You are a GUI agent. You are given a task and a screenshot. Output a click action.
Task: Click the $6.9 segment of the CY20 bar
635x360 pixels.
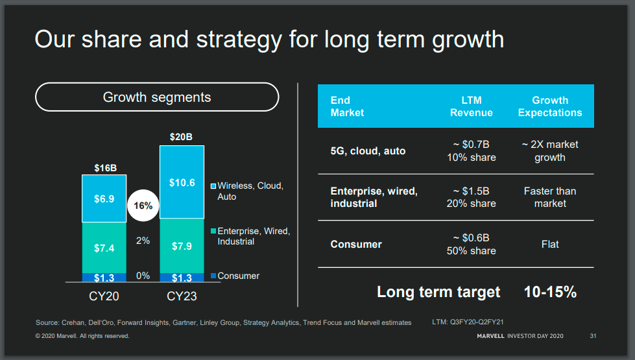click(104, 198)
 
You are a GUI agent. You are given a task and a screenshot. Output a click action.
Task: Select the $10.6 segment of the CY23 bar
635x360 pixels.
click(182, 182)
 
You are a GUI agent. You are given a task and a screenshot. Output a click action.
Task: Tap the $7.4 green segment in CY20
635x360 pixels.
click(104, 248)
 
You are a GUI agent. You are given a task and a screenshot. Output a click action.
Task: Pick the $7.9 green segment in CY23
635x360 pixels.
click(182, 246)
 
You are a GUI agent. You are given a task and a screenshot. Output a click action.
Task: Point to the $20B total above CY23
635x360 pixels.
click(182, 137)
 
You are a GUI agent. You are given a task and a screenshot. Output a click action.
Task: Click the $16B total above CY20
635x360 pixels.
click(104, 167)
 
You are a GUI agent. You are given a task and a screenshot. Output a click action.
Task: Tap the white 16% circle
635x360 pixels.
click(143, 206)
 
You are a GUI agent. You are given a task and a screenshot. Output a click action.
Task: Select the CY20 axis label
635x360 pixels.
click(104, 296)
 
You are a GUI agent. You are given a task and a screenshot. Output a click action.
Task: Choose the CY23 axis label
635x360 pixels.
click(182, 296)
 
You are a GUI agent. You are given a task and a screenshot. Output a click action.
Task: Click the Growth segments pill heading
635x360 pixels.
click(157, 97)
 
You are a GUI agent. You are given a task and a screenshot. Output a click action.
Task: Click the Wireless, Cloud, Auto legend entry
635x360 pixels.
click(250, 191)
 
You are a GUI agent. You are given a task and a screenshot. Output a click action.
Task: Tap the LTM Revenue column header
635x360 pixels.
click(472, 106)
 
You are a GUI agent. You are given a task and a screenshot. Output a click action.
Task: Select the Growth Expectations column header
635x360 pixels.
click(550, 106)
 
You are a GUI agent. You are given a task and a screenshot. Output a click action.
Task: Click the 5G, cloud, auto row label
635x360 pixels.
click(368, 151)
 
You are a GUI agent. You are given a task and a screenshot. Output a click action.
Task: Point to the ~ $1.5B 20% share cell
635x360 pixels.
click(472, 197)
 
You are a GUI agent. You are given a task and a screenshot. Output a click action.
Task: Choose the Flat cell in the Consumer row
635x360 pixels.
click(550, 245)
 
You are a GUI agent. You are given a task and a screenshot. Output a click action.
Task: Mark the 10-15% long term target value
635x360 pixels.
click(550, 292)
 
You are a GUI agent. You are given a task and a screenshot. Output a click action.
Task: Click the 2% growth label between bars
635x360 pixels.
click(143, 241)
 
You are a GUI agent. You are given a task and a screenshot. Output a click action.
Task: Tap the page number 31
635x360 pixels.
click(593, 336)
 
